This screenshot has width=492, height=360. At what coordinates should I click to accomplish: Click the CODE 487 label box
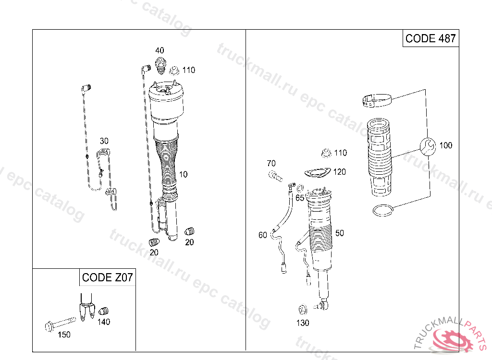pos(430,38)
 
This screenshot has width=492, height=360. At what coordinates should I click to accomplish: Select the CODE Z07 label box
pos(107,277)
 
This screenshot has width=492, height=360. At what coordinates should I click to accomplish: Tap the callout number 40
pos(160,50)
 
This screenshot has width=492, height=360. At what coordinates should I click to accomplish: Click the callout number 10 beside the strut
pos(183,174)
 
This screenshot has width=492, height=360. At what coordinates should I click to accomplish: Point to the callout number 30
pos(104,141)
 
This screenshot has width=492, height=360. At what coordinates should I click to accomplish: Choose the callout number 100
pos(445,145)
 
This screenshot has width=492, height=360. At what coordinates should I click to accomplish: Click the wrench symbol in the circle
pos(428,146)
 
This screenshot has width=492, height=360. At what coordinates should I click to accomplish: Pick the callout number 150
pos(64,335)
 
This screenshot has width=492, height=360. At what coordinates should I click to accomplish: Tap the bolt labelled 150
pos(60,324)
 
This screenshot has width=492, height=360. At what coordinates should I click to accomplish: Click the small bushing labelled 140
pos(103,311)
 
